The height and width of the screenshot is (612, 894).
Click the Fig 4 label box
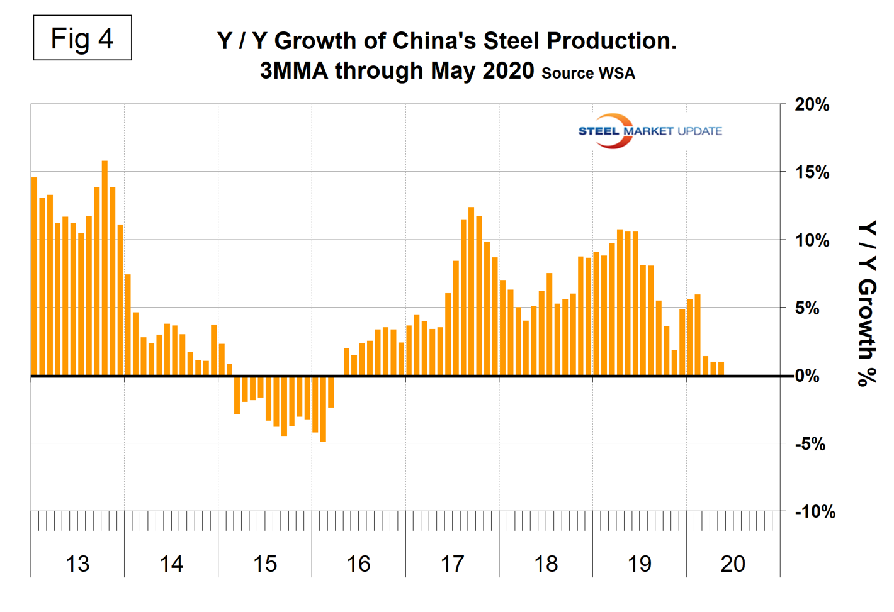(82, 38)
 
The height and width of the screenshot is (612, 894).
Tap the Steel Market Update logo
(649, 131)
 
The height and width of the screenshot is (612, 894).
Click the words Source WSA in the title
(588, 73)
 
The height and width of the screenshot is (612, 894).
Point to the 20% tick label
(812, 105)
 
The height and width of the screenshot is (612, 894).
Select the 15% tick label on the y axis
(812, 172)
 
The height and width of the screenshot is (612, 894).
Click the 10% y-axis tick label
(812, 240)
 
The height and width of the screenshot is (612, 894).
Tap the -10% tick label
(815, 512)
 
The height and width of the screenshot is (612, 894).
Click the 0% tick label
(807, 376)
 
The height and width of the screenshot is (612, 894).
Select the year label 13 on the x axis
(77, 564)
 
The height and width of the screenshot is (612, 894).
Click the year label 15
(265, 564)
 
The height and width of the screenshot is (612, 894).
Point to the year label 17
(452, 564)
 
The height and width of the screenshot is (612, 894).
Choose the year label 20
(733, 564)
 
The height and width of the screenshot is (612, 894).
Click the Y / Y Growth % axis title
(868, 303)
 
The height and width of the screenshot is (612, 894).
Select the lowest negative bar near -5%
(323, 409)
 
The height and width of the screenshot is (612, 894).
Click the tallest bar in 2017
(471, 291)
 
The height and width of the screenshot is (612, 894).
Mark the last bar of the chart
(721, 369)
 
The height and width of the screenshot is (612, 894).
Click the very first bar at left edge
(35, 277)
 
